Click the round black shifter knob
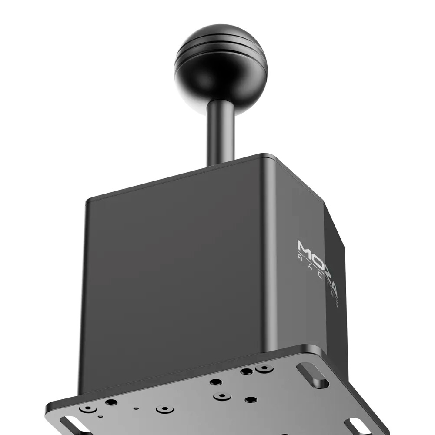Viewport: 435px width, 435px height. (x=221, y=70)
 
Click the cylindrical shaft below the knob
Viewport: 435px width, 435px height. (x=221, y=130)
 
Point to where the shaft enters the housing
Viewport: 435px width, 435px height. (x=221, y=163)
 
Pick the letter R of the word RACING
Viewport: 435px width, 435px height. (x=300, y=258)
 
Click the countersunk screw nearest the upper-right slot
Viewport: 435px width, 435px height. (x=264, y=368)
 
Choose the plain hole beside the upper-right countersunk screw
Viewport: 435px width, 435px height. (x=247, y=371)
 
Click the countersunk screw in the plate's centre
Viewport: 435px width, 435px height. (x=222, y=396)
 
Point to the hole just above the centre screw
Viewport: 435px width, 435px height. (x=215, y=382)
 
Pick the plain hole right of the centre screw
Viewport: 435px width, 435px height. (x=250, y=399)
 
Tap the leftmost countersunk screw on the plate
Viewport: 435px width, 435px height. (x=89, y=409)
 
